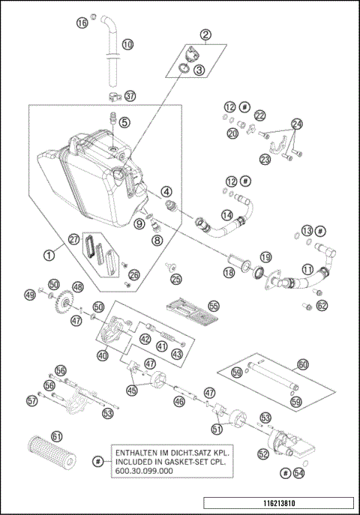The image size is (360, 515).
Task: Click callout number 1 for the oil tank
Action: [49, 255]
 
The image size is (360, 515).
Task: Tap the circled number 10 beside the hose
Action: [127, 45]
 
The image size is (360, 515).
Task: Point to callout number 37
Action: [130, 96]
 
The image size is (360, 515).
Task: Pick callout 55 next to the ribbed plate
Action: [214, 306]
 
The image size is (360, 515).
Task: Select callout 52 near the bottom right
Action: [264, 454]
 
